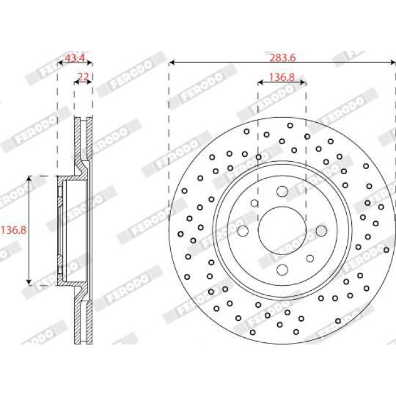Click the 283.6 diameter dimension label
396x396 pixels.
pyautogui.click(x=282, y=58)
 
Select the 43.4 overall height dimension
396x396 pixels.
pyautogui.click(x=75, y=58)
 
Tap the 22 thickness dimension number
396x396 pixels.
pyautogui.click(x=84, y=76)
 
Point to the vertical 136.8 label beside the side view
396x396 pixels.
pyautogui.click(x=14, y=230)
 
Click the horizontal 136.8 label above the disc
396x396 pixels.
pyautogui.click(x=282, y=78)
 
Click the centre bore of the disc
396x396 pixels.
pyautogui.click(x=282, y=230)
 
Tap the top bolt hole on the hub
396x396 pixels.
pyautogui.click(x=282, y=191)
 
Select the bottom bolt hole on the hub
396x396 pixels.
pyautogui.click(x=282, y=270)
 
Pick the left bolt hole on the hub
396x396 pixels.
pyautogui.click(x=243, y=231)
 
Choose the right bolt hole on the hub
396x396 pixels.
pyautogui.click(x=321, y=231)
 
